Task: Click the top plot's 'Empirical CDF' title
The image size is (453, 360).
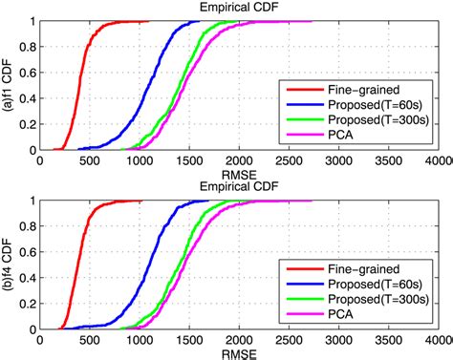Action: pos(239,8)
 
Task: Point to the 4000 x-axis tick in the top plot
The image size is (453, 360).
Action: pos(439,161)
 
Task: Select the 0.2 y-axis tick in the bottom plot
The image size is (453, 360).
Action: pos(25,303)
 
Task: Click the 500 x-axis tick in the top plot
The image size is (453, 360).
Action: pos(89,161)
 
